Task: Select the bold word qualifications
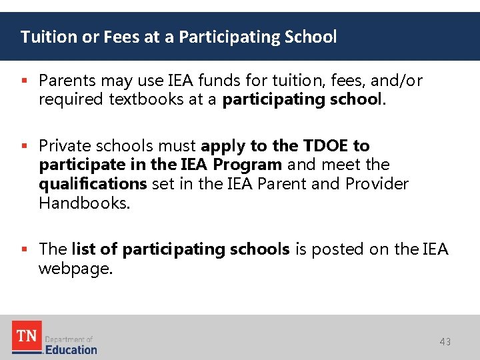(93, 183)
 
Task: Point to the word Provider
(377, 183)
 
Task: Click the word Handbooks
(84, 203)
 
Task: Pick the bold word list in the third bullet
(84, 249)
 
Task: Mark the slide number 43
(445, 342)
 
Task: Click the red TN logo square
(27, 335)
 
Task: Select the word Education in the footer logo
(71, 349)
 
